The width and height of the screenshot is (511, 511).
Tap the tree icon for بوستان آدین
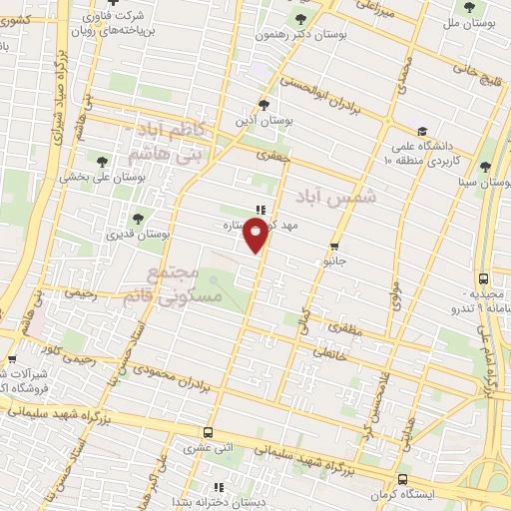262,105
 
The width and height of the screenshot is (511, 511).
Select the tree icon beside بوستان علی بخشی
101,159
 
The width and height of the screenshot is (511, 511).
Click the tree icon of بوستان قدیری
138,216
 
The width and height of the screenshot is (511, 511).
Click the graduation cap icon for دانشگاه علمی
422,132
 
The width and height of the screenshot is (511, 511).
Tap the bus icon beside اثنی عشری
208,432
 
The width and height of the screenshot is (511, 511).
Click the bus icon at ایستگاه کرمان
402,478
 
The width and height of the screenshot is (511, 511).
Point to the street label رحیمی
81,293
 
